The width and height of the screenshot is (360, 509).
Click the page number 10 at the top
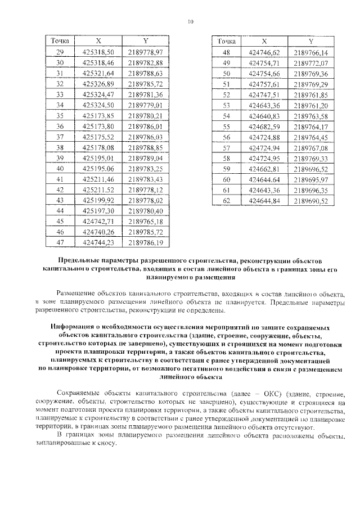[190, 22]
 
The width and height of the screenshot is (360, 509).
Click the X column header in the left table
[98, 41]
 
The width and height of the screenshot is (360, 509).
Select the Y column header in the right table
[310, 42]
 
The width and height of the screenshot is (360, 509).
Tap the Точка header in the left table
[60, 41]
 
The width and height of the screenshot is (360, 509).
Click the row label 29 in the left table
[60, 52]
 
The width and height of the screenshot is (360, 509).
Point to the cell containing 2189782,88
[145, 62]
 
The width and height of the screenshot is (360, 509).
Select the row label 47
[60, 242]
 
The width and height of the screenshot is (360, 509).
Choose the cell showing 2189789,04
[145, 157]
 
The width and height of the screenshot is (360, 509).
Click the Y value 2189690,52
[310, 200]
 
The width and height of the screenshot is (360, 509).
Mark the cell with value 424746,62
[264, 52]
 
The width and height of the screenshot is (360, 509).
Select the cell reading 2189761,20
[310, 105]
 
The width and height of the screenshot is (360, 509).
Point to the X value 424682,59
[264, 127]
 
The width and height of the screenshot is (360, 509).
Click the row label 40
[60, 168]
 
